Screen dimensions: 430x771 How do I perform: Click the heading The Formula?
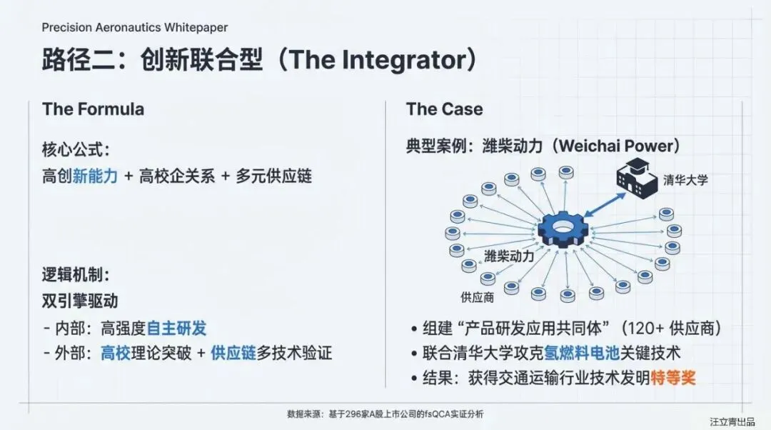93,109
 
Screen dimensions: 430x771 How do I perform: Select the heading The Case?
444,109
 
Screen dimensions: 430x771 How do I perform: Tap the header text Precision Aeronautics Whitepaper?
135,27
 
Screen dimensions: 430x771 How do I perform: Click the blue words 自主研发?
176,329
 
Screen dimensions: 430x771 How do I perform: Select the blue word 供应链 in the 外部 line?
233,353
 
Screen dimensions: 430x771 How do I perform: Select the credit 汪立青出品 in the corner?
732,421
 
